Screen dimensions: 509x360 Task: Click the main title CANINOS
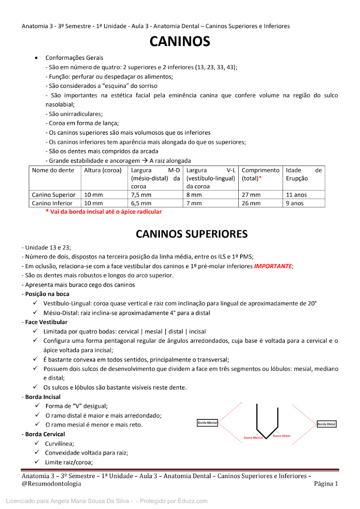coord(180,41)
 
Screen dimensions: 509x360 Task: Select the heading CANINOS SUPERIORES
coord(192,234)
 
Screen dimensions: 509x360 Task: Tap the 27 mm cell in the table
coord(251,195)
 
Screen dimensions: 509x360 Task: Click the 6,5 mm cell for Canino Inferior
coord(141,203)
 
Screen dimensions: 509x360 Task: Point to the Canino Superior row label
coord(54,195)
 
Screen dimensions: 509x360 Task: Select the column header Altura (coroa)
coord(103,170)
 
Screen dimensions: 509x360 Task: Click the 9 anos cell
coord(294,203)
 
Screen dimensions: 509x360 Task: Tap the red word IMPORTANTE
coord(273,266)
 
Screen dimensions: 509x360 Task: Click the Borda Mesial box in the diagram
coord(207,423)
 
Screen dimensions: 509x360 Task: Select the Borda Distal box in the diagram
coord(327,424)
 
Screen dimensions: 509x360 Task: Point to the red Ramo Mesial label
coord(253,438)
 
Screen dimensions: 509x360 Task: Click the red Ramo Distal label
coord(282,436)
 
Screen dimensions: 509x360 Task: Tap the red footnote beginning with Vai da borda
coord(104,212)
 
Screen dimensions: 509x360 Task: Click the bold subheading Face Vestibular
coord(46,322)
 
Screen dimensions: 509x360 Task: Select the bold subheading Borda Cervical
coord(45,434)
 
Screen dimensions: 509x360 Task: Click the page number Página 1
coord(326,483)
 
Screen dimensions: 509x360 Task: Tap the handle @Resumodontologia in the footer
coord(51,483)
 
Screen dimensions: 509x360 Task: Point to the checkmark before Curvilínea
coord(37,443)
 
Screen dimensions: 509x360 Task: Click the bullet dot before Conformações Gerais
coord(36,58)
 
